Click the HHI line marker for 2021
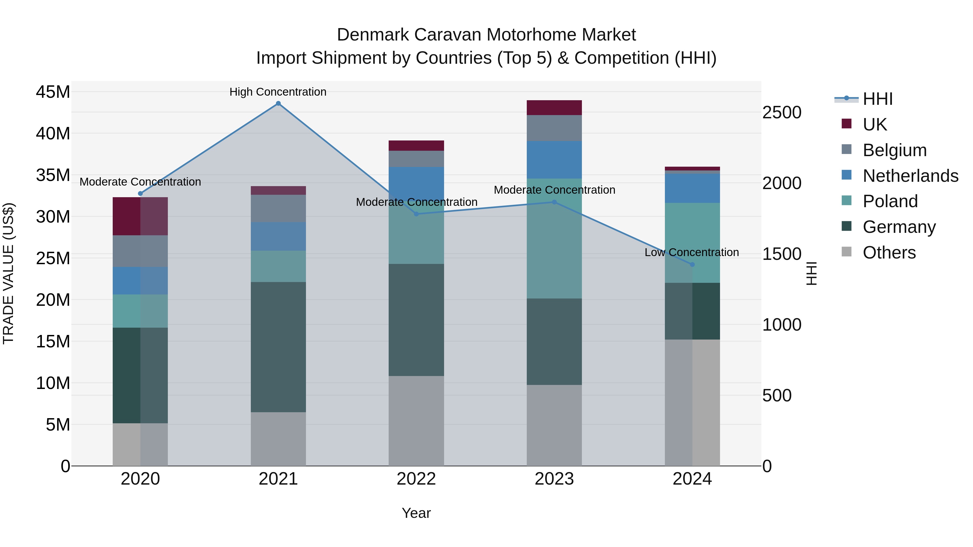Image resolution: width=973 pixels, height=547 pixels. [278, 103]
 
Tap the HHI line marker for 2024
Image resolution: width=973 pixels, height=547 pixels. [692, 265]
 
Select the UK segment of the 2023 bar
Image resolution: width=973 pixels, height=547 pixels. [554, 108]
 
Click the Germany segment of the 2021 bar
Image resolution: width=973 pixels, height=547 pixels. [278, 347]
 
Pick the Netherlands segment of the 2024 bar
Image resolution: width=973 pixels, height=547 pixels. [692, 188]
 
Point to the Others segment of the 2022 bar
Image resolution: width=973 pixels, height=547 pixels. [416, 421]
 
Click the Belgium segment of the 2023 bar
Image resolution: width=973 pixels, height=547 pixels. [554, 128]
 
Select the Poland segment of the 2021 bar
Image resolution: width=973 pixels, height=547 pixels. [278, 266]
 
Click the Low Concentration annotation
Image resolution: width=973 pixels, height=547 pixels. [691, 252]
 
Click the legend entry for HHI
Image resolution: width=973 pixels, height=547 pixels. [877, 99]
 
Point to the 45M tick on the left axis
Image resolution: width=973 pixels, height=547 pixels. [53, 92]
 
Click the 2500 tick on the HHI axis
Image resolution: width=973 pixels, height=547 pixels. [781, 112]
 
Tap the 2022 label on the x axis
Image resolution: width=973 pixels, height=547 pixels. [416, 479]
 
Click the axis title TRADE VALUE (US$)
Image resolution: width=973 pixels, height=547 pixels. [9, 273]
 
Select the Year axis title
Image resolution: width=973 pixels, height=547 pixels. [416, 513]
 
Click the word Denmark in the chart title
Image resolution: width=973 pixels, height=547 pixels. [372, 35]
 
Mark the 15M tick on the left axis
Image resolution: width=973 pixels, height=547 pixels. [53, 341]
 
